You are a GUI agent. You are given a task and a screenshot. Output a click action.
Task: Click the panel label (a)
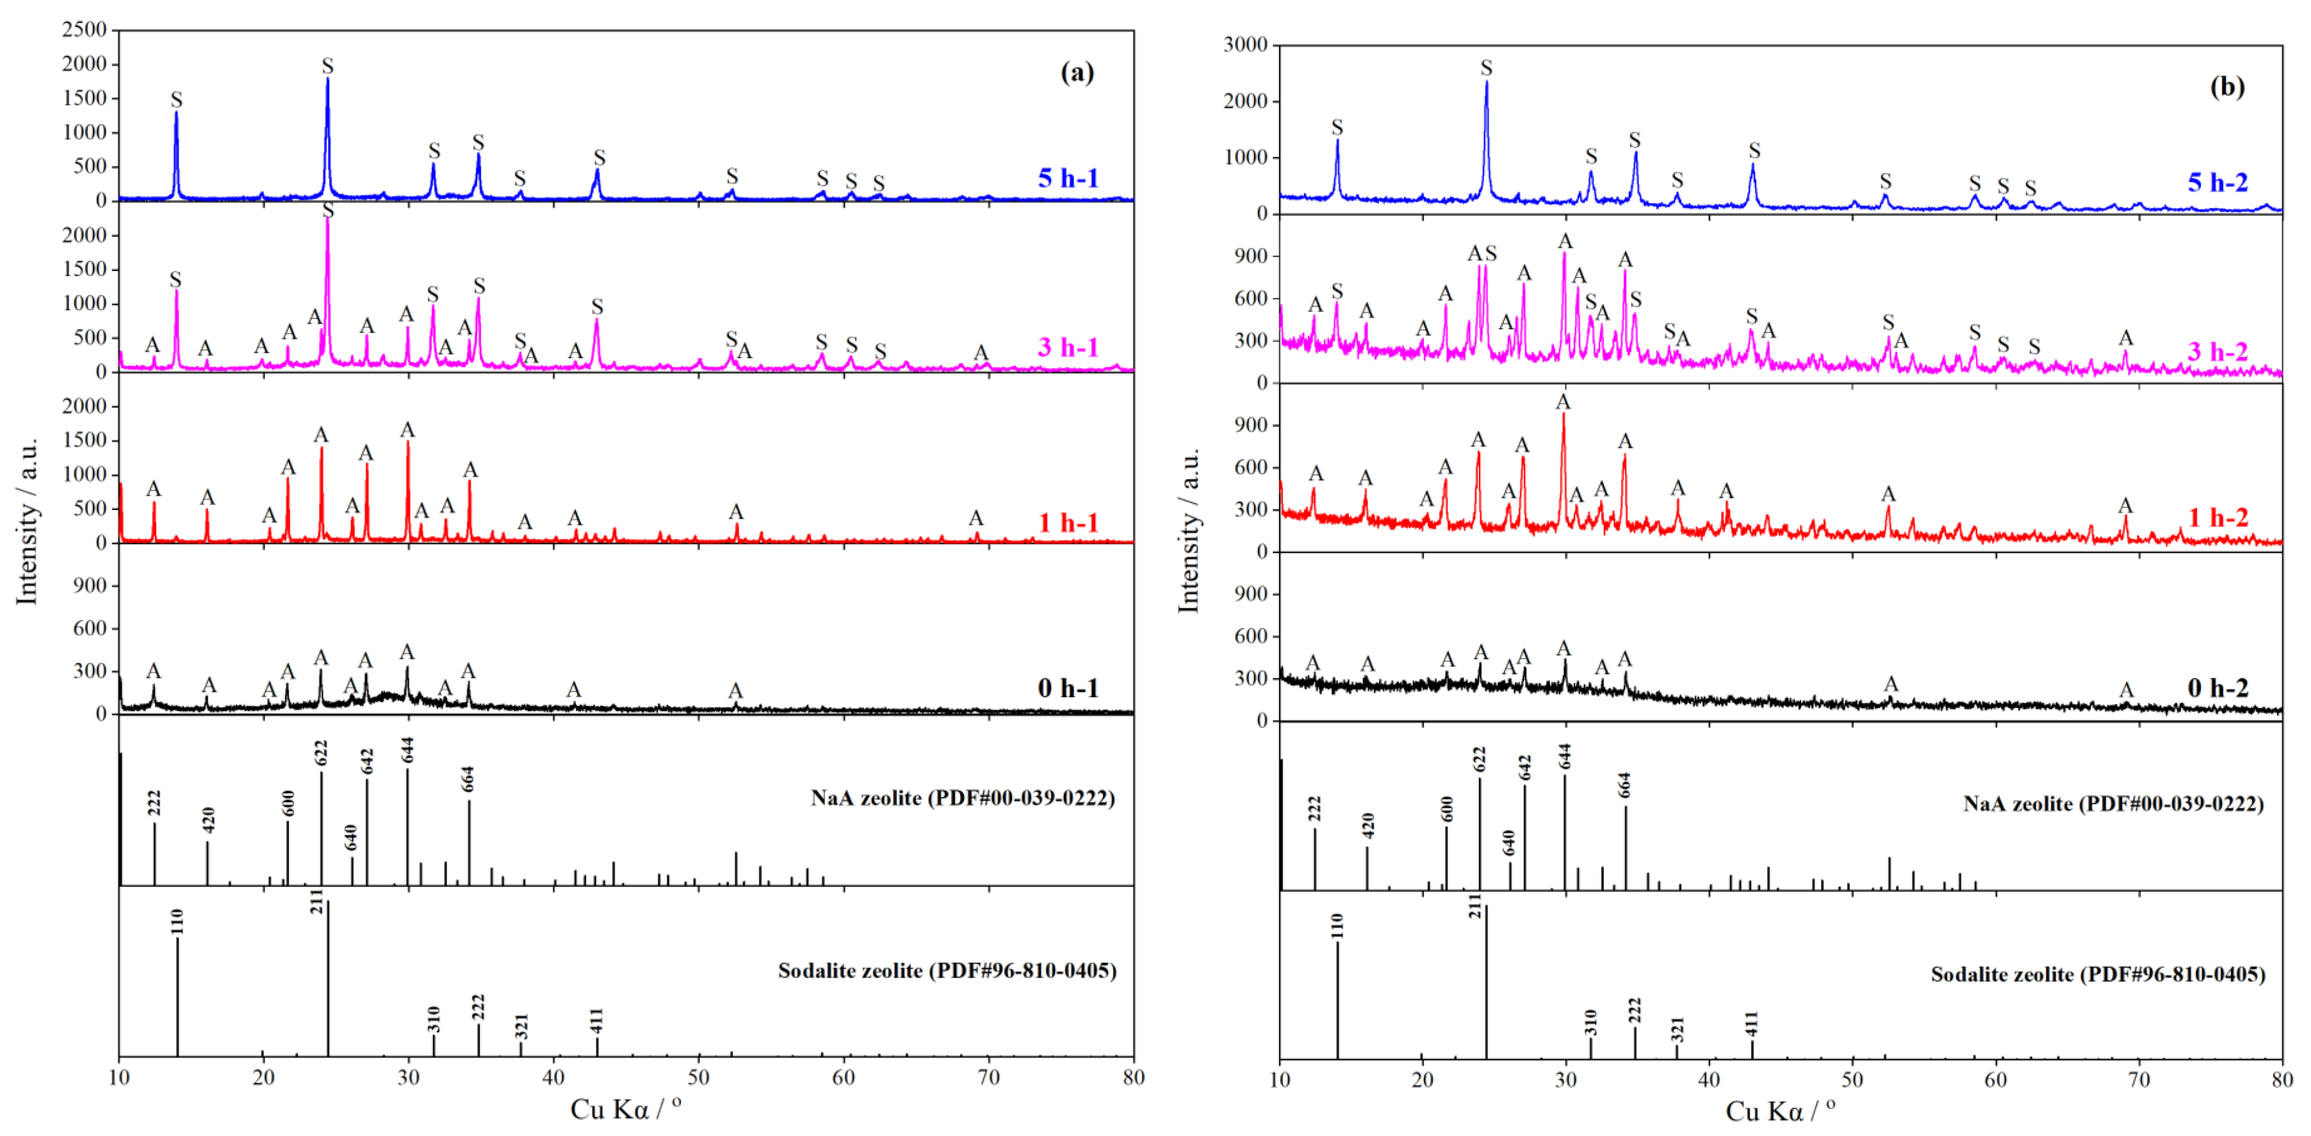pyautogui.click(x=1077, y=72)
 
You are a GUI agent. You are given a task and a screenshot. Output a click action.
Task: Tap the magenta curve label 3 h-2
pyautogui.click(x=2217, y=351)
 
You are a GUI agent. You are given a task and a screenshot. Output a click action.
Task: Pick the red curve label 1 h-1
pyautogui.click(x=1068, y=522)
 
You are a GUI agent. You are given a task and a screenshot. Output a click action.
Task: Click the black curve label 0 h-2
pyautogui.click(x=2217, y=687)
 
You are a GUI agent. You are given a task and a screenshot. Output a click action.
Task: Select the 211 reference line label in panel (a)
pyautogui.click(x=316, y=901)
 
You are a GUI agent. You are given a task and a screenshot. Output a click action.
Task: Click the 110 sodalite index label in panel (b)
pyautogui.click(x=1337, y=925)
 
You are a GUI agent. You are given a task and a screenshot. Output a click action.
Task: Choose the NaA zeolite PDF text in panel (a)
pyautogui.click(x=963, y=798)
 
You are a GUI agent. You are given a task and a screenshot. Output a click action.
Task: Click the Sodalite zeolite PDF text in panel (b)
pyautogui.click(x=2098, y=974)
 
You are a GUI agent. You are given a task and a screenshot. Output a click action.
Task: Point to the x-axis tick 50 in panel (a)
pyautogui.click(x=698, y=1077)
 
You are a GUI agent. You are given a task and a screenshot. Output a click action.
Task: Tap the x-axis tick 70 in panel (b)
pyautogui.click(x=2139, y=1080)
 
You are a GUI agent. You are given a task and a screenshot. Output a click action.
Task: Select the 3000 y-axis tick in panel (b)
pyautogui.click(x=1245, y=45)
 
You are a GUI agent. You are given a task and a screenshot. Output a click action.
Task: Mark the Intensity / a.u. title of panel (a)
pyautogui.click(x=27, y=520)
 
